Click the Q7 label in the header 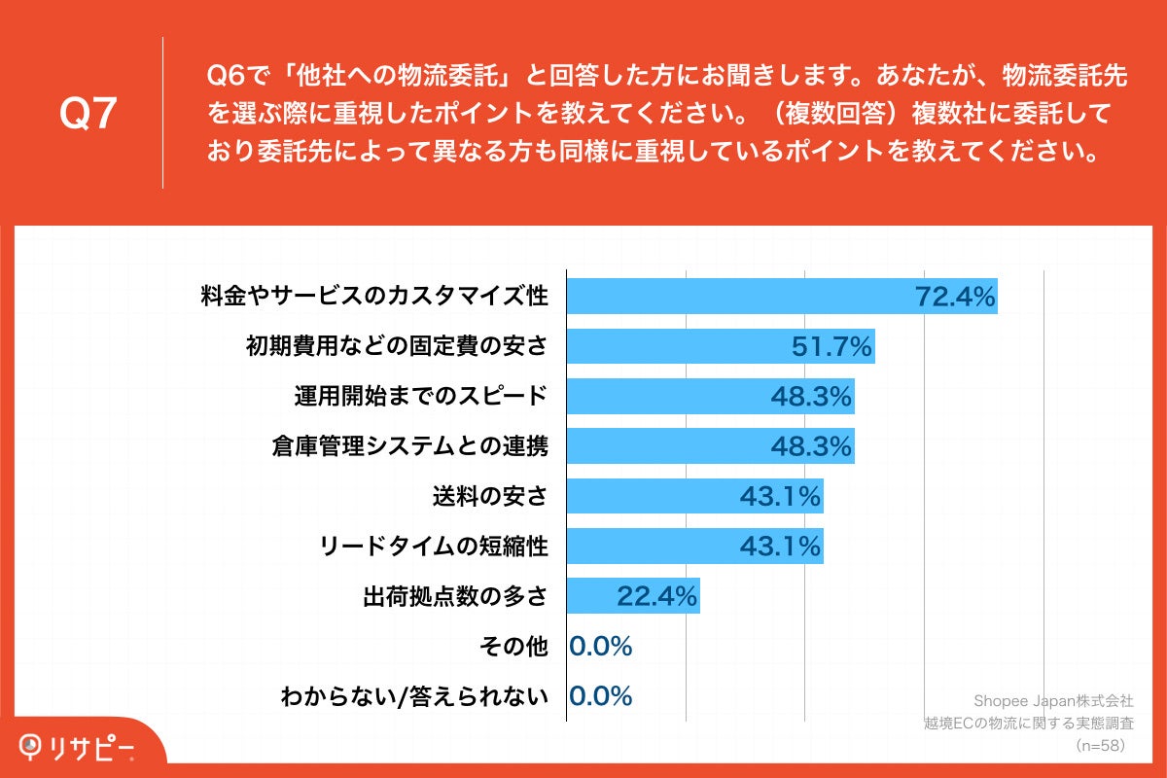[88, 114]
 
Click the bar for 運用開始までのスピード [710, 396]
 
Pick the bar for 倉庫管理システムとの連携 [710, 446]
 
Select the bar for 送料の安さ [694, 497]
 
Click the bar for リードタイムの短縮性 [694, 547]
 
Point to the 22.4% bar [633, 596]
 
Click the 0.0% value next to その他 [601, 647]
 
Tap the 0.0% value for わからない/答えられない [601, 696]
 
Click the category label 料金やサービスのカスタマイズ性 [374, 296]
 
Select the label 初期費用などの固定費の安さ [397, 346]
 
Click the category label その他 [514, 647]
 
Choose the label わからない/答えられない [414, 696]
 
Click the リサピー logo [78, 746]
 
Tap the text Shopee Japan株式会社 [1053, 700]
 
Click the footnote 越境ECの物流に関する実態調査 [1029, 723]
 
